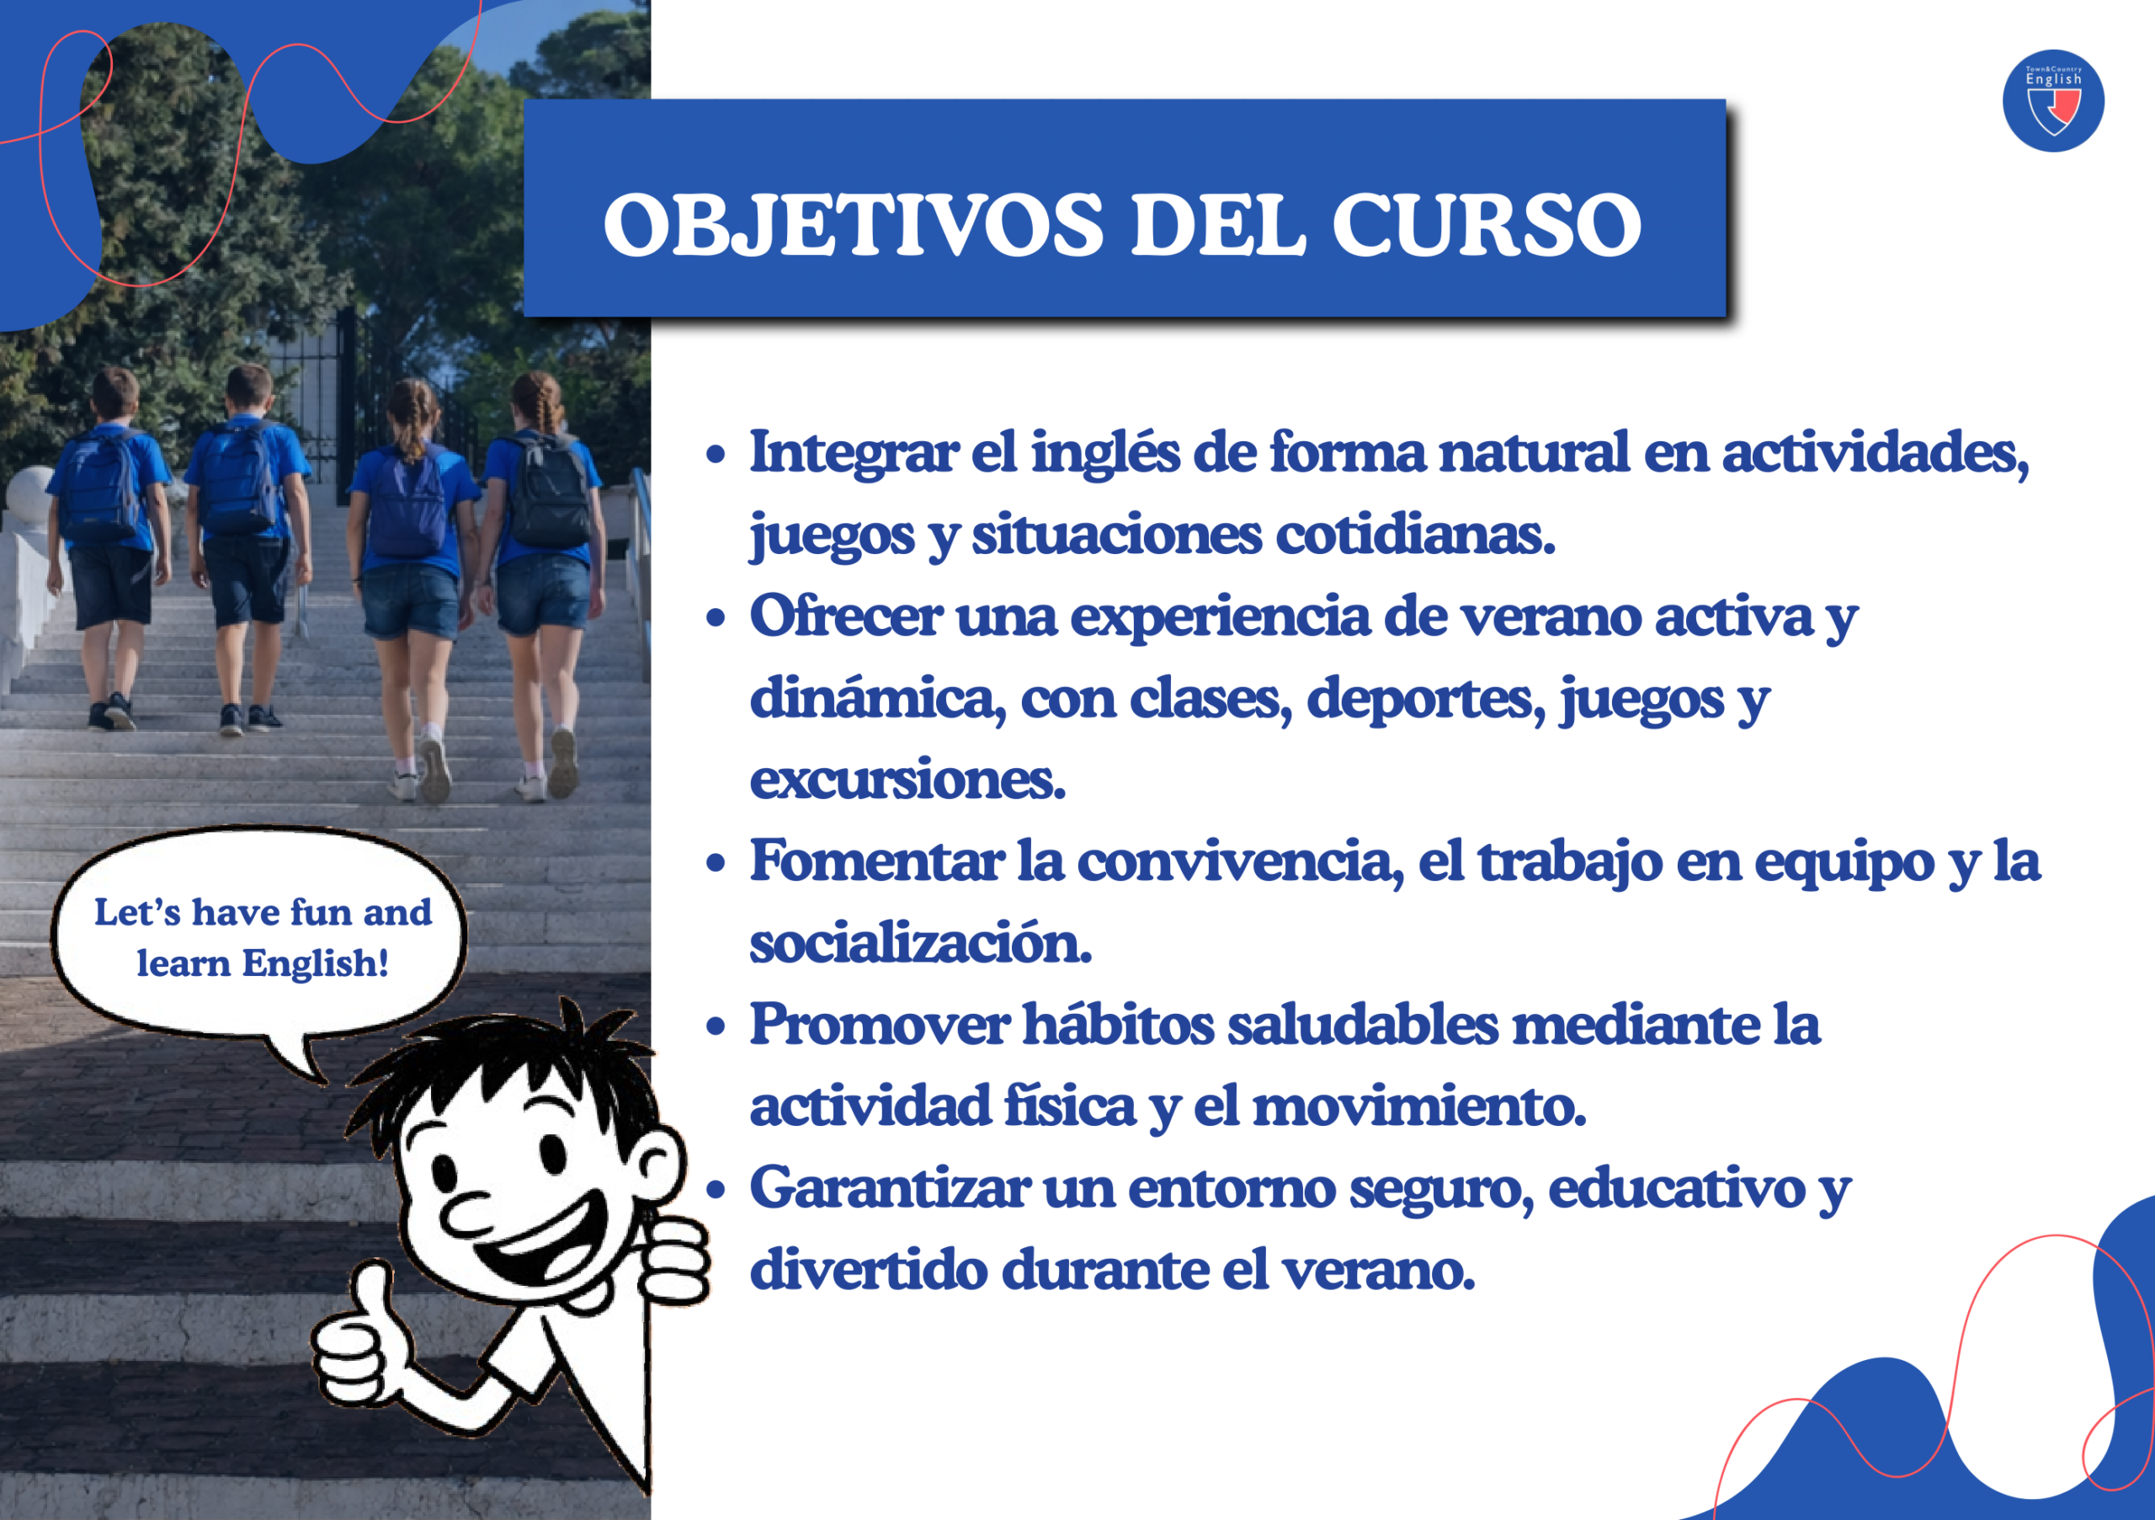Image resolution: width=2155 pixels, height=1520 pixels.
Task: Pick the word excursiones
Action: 907,779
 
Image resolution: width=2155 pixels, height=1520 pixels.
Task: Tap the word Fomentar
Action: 875,861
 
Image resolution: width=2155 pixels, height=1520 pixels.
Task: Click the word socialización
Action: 920,942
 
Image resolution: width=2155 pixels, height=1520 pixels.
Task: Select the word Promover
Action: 879,1024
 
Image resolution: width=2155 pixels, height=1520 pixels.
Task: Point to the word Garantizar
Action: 888,1187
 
